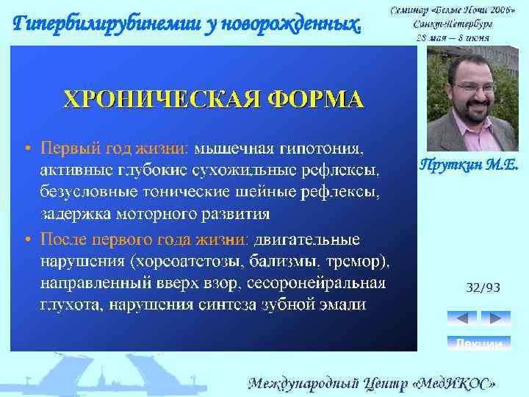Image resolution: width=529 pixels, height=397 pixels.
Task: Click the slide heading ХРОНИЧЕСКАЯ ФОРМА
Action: point(213,99)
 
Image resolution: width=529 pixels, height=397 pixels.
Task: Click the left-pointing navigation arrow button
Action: point(461,318)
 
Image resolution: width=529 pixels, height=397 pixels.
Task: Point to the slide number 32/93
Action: point(483,288)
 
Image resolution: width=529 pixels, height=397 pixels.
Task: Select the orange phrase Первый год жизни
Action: point(115,149)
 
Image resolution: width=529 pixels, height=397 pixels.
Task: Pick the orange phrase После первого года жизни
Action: point(144,240)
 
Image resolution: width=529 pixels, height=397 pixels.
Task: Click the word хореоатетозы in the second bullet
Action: point(181,262)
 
